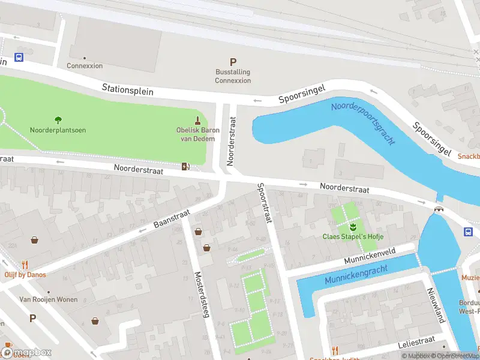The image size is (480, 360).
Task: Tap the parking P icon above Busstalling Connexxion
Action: tap(233, 62)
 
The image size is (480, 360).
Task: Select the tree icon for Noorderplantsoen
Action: tap(58, 120)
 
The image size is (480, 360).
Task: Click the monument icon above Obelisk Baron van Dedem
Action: tap(198, 121)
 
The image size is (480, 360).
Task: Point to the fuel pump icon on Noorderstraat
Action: tap(186, 166)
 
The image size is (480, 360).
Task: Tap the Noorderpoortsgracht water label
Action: tap(363, 124)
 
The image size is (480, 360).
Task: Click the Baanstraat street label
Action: tap(172, 218)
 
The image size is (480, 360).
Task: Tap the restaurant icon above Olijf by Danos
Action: tap(25, 265)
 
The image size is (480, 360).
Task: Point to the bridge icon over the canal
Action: tap(439, 208)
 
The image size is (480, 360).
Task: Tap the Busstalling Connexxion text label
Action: tap(233, 76)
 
